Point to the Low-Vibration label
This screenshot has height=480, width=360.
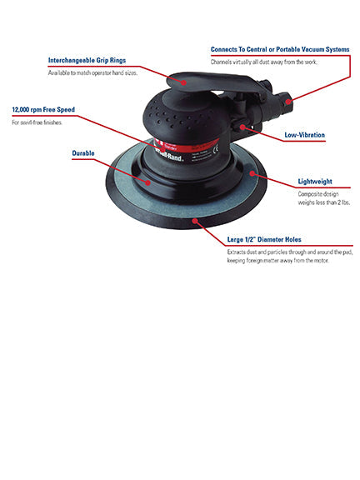point(304,133)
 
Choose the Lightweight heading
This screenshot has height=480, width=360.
point(315,181)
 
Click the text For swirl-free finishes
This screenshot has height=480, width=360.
point(37,122)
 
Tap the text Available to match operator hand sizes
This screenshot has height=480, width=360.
point(92,73)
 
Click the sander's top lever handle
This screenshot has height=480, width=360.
point(208,80)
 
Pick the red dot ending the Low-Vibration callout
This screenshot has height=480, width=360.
point(242,126)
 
